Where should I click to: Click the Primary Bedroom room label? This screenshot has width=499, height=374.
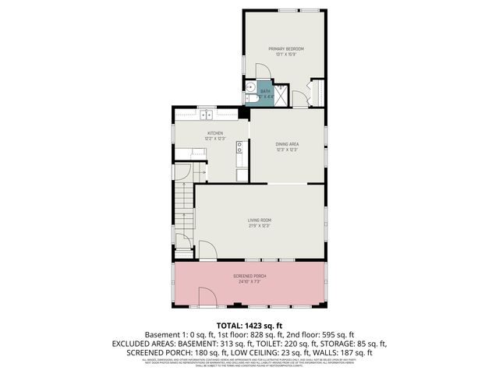(x=286, y=49)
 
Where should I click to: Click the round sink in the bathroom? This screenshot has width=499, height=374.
(x=250, y=87)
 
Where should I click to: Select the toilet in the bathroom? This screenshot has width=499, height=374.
(x=251, y=99)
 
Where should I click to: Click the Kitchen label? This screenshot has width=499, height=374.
(x=215, y=133)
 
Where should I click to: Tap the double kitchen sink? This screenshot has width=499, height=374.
(x=207, y=115)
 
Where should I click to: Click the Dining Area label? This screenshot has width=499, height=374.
(x=287, y=144)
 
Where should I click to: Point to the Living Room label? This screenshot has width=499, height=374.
(x=259, y=221)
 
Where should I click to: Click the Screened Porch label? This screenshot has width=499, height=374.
(x=249, y=276)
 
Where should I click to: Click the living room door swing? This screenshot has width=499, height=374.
(x=207, y=251)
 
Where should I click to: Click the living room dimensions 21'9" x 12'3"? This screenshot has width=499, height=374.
(x=259, y=226)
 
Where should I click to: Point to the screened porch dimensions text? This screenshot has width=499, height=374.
(x=249, y=281)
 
